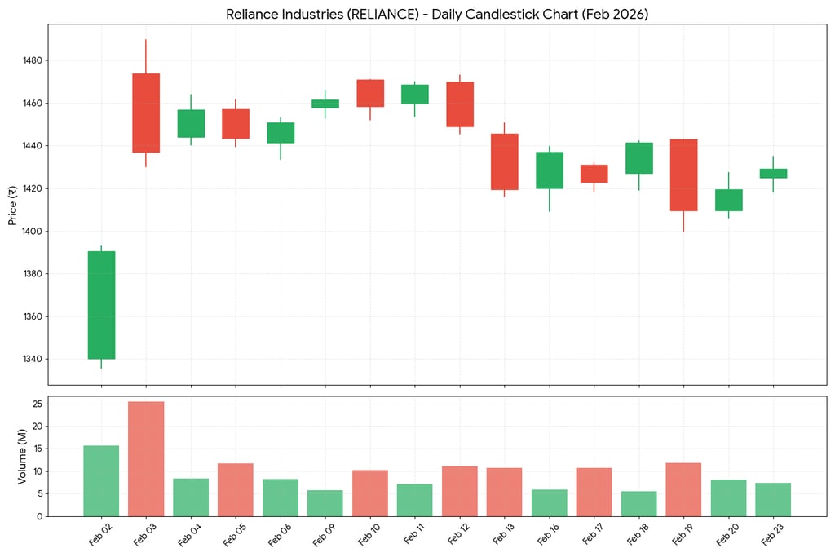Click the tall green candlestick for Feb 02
pos(101,304)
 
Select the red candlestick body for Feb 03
pos(146,113)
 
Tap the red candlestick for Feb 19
pos(683,175)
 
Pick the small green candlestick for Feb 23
pos(773,173)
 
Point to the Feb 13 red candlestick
pos(504,161)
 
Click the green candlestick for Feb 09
pos(325,104)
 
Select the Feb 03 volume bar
pos(146,458)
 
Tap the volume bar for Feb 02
pos(101,480)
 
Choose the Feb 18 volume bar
pos(638,503)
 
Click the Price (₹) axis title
pos(13,205)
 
